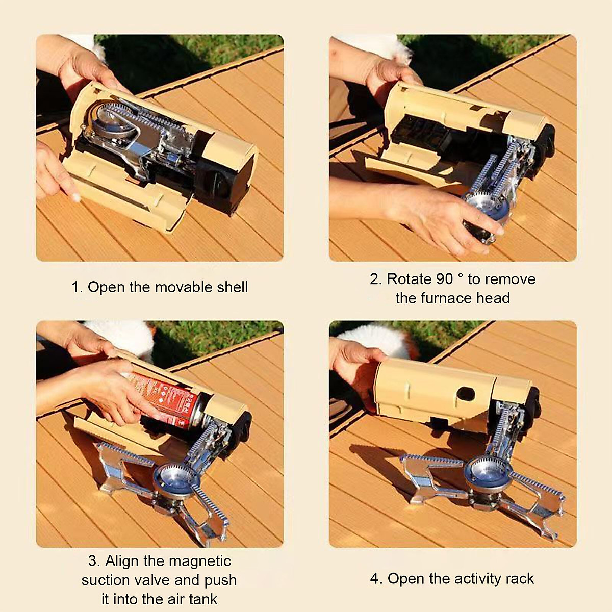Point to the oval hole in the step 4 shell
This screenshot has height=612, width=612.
tap(465, 394)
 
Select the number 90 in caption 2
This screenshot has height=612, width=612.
tap(444, 279)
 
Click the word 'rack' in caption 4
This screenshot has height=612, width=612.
tap(520, 579)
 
